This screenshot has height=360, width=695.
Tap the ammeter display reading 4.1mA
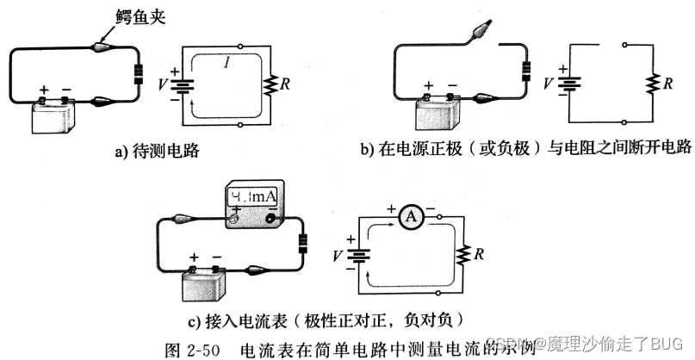pyautogui.click(x=253, y=201)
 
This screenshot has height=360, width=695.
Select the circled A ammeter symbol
pyautogui.click(x=411, y=217)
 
